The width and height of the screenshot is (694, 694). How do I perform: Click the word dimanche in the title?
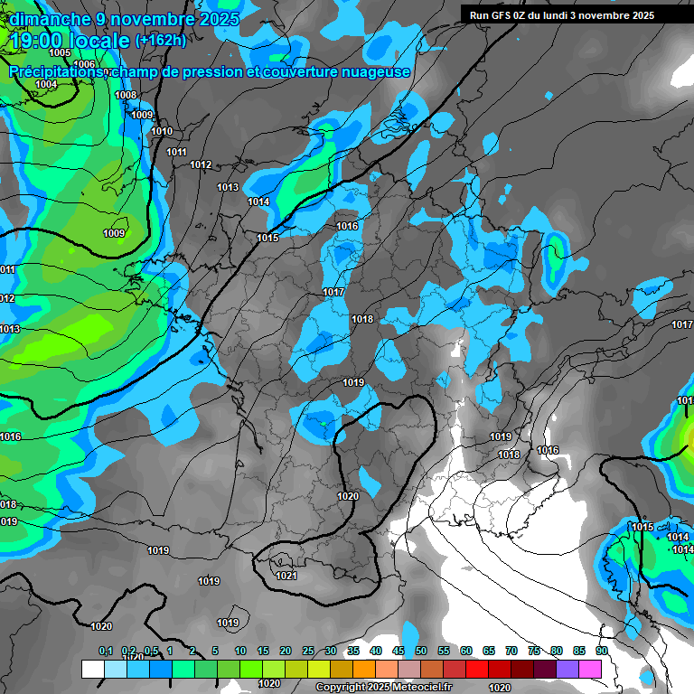[x=43, y=18]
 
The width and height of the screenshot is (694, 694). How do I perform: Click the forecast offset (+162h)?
[x=160, y=41]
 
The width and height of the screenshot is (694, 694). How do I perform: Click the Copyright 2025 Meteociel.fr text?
[x=383, y=687]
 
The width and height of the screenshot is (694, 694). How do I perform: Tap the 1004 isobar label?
[x=46, y=84]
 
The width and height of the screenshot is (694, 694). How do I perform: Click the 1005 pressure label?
[x=61, y=53]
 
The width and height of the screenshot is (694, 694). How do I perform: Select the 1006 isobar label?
[x=85, y=64]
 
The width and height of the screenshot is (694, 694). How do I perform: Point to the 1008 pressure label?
[x=126, y=95]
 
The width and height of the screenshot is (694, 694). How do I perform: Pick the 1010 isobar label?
[x=162, y=131]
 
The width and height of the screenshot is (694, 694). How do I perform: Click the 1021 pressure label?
[x=286, y=576]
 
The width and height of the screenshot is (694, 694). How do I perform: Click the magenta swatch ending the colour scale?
[x=590, y=669]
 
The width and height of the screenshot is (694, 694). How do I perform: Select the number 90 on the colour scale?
[x=601, y=651]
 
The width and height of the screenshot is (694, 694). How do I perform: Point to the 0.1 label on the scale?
[x=106, y=651]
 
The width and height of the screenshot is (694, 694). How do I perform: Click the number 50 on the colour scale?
[x=421, y=651]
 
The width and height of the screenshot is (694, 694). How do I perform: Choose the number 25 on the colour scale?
[x=308, y=651]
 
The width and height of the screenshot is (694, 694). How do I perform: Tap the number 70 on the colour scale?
[x=511, y=651]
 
